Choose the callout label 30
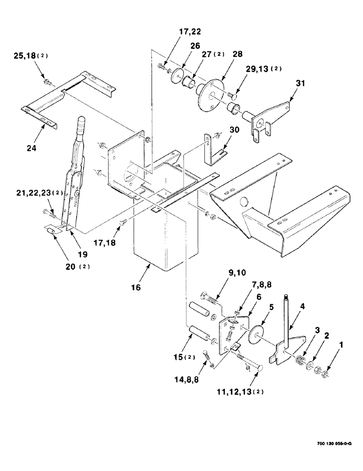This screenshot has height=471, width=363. click(x=235, y=130)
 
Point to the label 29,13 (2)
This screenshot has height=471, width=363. click(x=263, y=68)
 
